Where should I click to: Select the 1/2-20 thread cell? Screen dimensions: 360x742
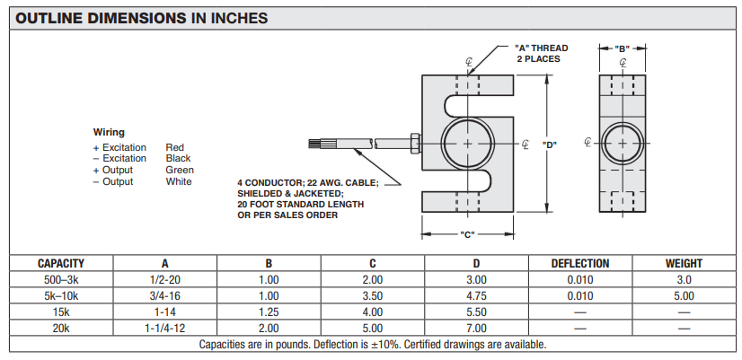(164, 280)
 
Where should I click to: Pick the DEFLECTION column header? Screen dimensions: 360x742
(579, 264)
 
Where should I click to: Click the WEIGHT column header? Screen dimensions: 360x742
(684, 264)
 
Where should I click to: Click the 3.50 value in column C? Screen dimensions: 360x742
(372, 296)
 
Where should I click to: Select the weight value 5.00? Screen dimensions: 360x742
(684, 296)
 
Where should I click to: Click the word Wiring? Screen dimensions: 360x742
(109, 132)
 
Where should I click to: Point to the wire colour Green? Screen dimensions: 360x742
(180, 170)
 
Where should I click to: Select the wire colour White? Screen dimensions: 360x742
(179, 181)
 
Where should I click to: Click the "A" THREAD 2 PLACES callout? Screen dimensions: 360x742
(541, 53)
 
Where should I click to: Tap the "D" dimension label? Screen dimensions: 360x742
(551, 145)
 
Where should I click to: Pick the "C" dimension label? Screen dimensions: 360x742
(466, 235)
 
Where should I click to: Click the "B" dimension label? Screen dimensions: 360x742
(622, 48)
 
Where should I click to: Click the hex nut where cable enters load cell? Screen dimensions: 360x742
(414, 144)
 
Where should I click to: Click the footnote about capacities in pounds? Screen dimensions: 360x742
(372, 345)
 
